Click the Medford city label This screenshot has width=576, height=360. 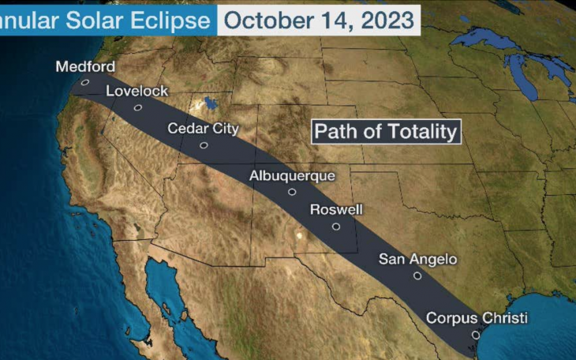tap(85, 66)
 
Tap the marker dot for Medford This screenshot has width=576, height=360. tap(85, 81)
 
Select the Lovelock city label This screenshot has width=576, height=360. tap(137, 91)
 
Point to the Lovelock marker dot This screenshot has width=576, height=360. tap(138, 107)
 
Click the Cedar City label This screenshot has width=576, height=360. tap(203, 128)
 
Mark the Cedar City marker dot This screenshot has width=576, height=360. tap(204, 145)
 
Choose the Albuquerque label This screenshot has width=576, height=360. tap(292, 175)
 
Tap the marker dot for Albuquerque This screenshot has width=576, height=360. tap(292, 192)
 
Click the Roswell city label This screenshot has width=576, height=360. tap(336, 210)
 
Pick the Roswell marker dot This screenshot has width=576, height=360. tap(336, 227)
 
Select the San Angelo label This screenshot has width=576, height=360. tap(417, 259)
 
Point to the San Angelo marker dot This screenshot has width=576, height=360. tap(417, 276)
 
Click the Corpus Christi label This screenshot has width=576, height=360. tap(477, 318)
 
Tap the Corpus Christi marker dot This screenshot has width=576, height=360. tap(476, 335)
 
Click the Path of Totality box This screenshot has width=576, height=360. tap(386, 131)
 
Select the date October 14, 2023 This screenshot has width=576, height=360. tap(319, 20)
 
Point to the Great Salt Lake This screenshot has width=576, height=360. tap(210, 103)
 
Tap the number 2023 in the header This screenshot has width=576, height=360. tap(389, 20)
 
